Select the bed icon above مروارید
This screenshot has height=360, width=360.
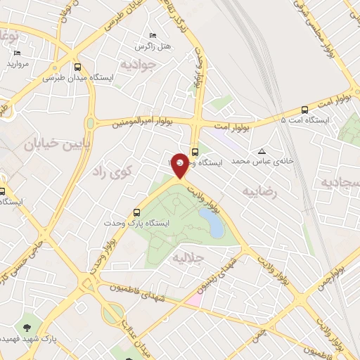click(x=18, y=53)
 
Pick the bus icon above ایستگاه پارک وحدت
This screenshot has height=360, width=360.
click(x=137, y=212)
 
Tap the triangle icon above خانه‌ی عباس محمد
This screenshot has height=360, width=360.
click(x=262, y=151)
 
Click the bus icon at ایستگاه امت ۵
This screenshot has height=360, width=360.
click(x=304, y=110)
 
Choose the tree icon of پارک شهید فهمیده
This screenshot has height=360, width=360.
click(x=27, y=328)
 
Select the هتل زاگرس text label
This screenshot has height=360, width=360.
click(x=154, y=46)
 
